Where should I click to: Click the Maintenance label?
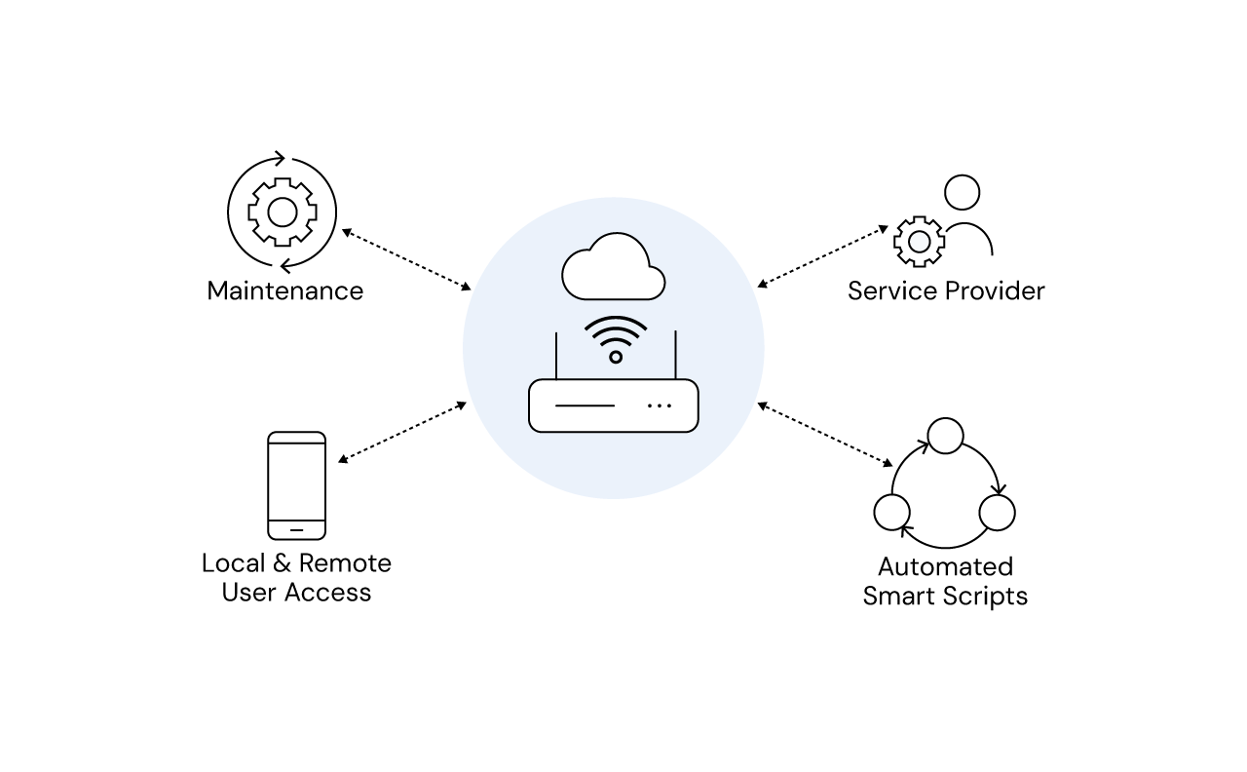point(284,290)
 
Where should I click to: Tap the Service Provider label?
point(945,290)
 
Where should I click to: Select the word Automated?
point(945,566)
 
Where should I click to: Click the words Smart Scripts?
point(945,596)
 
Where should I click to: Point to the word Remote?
point(345,563)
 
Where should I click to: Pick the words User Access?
point(296,593)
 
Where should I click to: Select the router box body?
point(614,405)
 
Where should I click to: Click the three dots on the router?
point(660,405)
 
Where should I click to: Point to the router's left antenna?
point(556,356)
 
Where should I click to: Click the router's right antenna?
point(675,356)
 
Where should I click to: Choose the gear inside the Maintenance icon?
point(282,212)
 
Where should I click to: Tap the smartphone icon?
point(296,485)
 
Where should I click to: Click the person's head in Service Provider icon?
point(962,193)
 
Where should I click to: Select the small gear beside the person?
point(919,241)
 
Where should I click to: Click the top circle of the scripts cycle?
point(945,436)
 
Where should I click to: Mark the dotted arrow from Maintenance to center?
point(406,259)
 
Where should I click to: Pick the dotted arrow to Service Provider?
point(822,257)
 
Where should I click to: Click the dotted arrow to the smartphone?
point(402,431)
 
